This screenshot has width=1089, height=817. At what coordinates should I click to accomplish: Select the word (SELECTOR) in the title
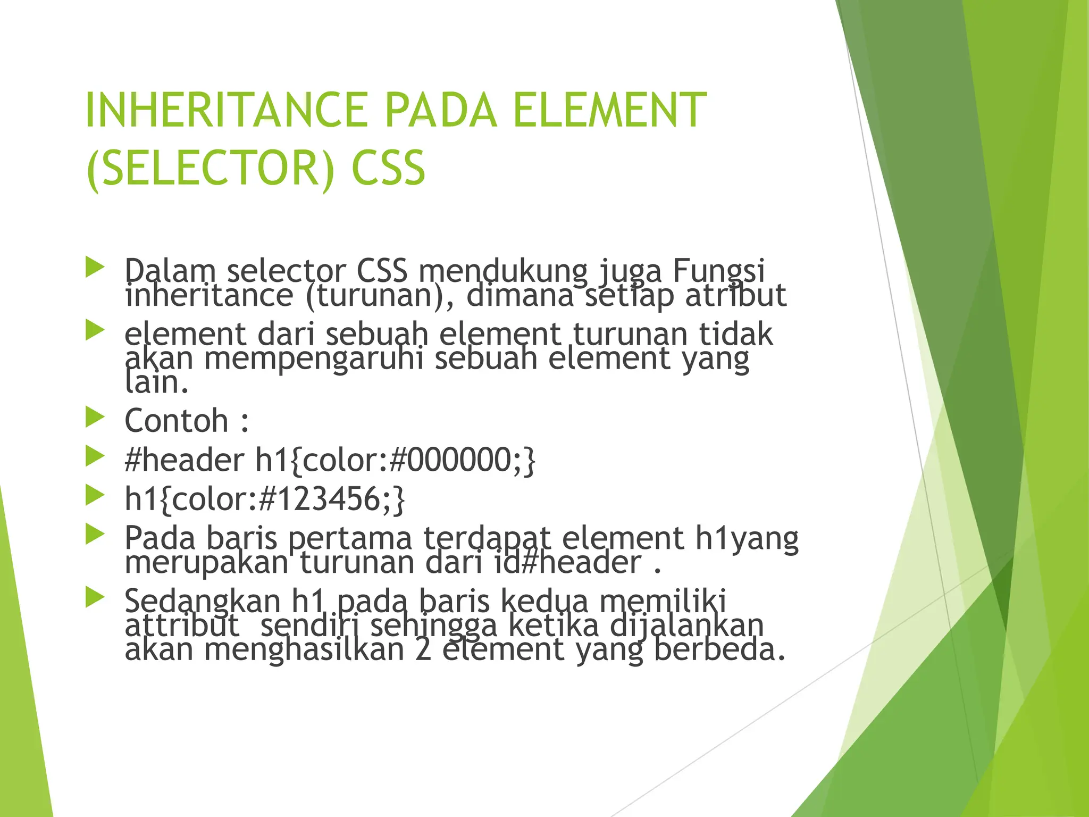pyautogui.click(x=211, y=168)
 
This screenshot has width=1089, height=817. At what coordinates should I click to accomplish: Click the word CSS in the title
pyautogui.click(x=388, y=168)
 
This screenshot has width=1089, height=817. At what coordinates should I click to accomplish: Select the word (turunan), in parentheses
pyautogui.click(x=380, y=295)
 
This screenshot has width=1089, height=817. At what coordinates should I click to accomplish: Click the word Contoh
pyautogui.click(x=177, y=421)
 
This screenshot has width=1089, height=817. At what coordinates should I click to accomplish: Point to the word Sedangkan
pyautogui.click(x=203, y=601)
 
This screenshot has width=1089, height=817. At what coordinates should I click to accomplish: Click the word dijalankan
pyautogui.click(x=686, y=626)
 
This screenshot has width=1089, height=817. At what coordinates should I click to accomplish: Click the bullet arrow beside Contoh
pyautogui.click(x=95, y=418)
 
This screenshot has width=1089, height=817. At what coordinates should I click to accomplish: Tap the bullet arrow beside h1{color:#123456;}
pyautogui.click(x=95, y=496)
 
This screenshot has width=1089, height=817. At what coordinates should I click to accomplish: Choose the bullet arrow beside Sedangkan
pyautogui.click(x=95, y=598)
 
